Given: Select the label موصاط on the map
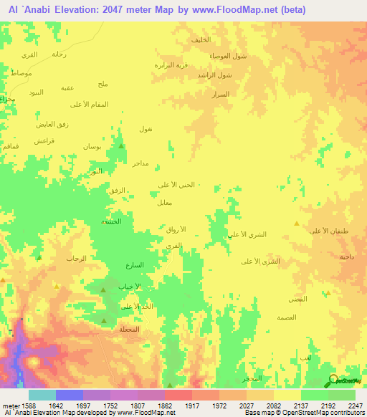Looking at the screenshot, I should [x=22, y=74].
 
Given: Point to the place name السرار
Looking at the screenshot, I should [x=221, y=94].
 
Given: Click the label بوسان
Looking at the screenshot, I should [x=92, y=146].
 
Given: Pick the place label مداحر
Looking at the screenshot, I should [x=140, y=164].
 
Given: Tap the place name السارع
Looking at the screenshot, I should [x=134, y=265].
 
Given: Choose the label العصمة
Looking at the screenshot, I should [x=287, y=317].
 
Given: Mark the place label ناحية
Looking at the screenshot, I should [x=347, y=256].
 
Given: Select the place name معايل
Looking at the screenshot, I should [x=164, y=203].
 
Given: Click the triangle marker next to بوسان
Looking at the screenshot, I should [x=122, y=145].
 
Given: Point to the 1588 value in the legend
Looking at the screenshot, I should [x=24, y=406].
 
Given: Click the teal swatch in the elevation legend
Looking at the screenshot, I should [x=42, y=395].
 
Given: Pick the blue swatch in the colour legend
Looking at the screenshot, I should [x=70, y=395].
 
